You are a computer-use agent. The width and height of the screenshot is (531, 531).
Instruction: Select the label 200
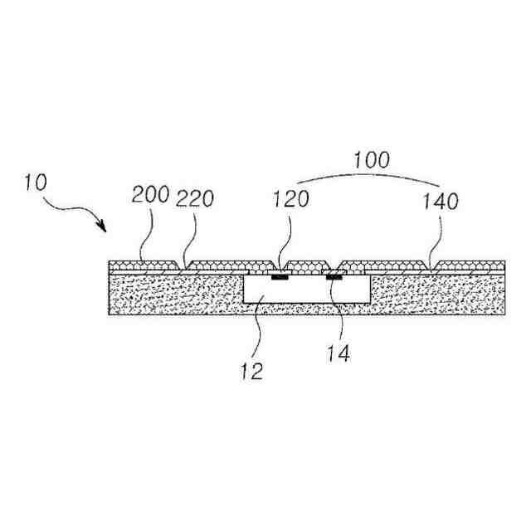(x=150, y=197)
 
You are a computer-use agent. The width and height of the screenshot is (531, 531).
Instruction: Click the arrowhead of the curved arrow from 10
(x=105, y=228)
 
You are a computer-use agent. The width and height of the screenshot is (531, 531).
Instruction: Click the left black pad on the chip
(x=280, y=277)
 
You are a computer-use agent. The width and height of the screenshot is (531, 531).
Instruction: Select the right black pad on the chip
(x=334, y=277)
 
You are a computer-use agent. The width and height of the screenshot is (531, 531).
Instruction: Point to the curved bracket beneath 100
(x=368, y=176)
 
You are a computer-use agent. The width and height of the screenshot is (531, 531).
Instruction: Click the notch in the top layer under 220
(x=184, y=265)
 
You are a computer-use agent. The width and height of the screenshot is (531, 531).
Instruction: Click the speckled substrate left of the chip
(x=174, y=295)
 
